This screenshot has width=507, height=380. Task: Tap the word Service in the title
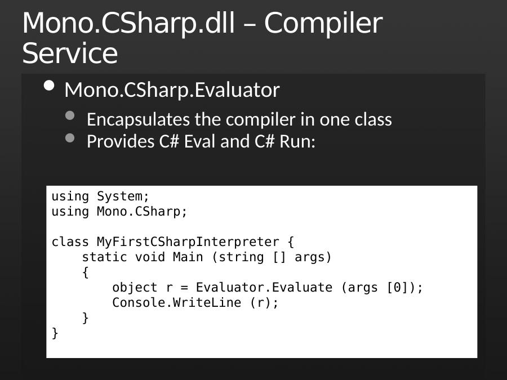pyautogui.click(x=70, y=53)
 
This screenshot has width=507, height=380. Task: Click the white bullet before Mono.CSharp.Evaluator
pyautogui.click(x=49, y=86)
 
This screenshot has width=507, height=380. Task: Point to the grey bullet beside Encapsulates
pyautogui.click(x=70, y=115)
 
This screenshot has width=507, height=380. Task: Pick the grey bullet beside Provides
pyautogui.click(x=70, y=138)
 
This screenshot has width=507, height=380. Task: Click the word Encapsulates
pyautogui.click(x=138, y=120)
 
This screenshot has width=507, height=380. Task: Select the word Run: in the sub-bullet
pyautogui.click(x=297, y=141)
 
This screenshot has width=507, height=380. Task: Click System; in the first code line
pyautogui.click(x=123, y=196)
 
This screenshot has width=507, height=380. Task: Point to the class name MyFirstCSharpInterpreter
pyautogui.click(x=188, y=242)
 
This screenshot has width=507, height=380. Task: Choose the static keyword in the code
pyautogui.click(x=104, y=257)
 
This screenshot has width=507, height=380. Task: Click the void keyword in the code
pyautogui.click(x=150, y=257)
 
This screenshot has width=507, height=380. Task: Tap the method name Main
pyautogui.click(x=188, y=257)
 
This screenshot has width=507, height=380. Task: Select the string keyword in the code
pyautogui.click(x=241, y=257)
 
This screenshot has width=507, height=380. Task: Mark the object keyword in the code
pyautogui.click(x=135, y=288)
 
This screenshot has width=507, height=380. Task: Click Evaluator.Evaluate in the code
pyautogui.click(x=264, y=288)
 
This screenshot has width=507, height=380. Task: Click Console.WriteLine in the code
pyautogui.click(x=176, y=303)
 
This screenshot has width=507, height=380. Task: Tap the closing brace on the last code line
pyautogui.click(x=55, y=333)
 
